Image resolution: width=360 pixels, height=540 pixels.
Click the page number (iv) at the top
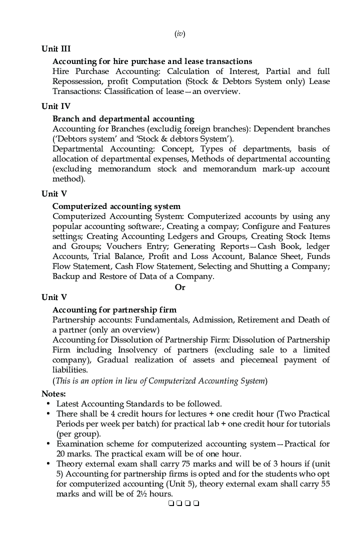tap(180, 34)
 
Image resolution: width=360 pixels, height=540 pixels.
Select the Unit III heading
tap(56, 49)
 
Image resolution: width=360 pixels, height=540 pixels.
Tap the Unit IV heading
tap(56, 106)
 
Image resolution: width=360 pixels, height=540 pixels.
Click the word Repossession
tap(76, 81)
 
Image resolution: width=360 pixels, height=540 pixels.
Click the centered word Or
tap(180, 287)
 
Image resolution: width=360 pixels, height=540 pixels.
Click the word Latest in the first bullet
tap(68, 404)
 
